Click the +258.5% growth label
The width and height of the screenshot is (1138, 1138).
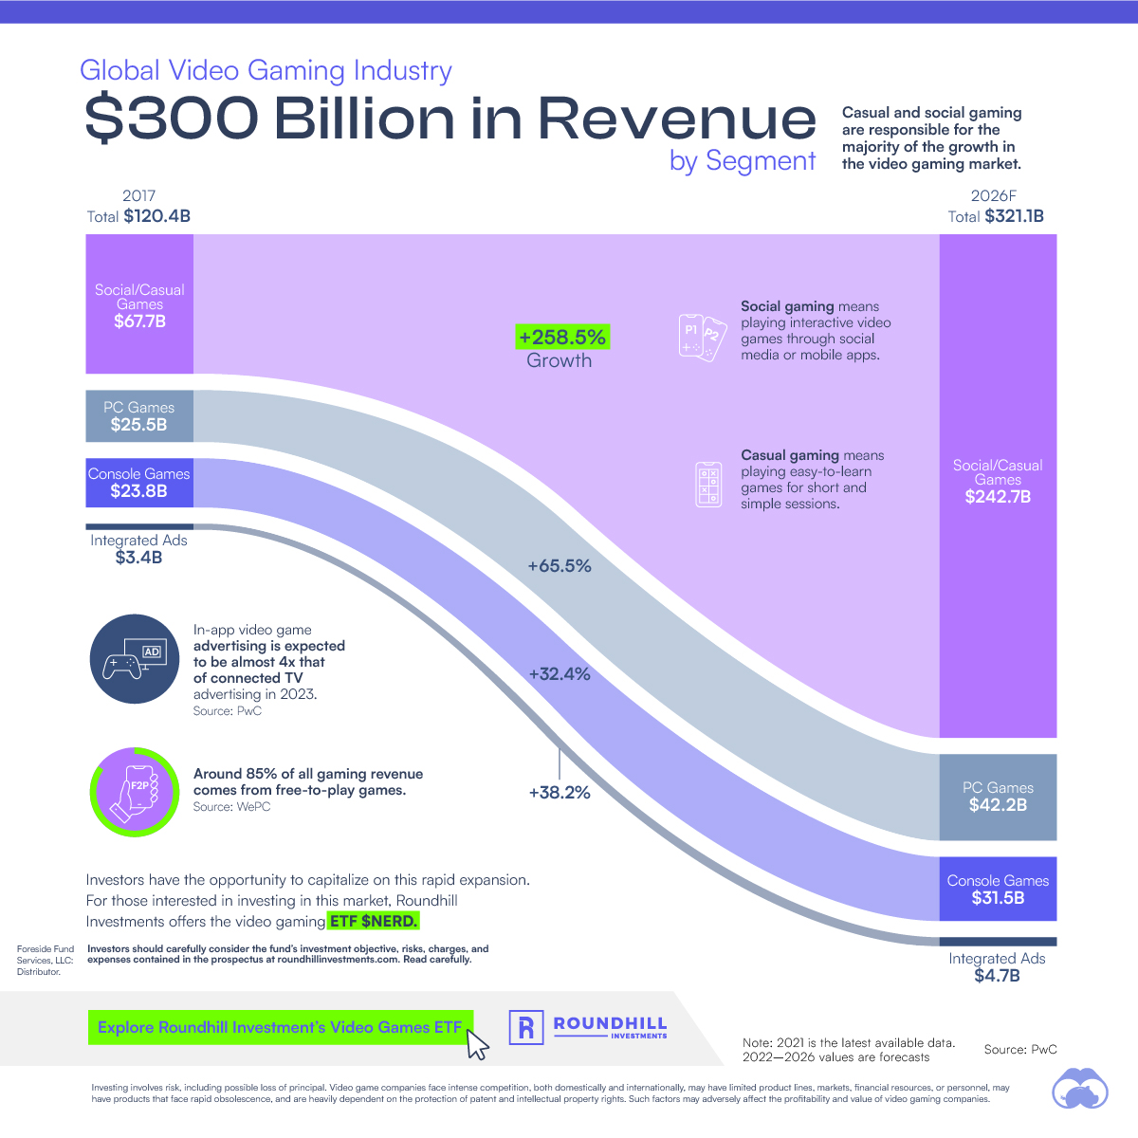pos(562,338)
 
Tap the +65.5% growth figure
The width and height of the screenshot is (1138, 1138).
pos(560,566)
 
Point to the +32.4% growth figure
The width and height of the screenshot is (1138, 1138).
pos(560,674)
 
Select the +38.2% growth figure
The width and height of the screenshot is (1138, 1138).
pos(560,792)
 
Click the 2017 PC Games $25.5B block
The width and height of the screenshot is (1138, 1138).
pos(139,416)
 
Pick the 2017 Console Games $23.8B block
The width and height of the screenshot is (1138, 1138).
pos(139,483)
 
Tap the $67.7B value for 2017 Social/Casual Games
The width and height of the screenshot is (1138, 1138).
pos(139,321)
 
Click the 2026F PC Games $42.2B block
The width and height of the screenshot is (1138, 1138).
pos(998,797)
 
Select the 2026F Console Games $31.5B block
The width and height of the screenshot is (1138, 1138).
pos(998,889)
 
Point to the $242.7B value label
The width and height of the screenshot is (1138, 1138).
pos(998,497)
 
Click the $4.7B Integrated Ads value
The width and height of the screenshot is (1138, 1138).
pos(998,976)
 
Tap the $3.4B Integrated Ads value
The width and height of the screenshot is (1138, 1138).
pos(139,558)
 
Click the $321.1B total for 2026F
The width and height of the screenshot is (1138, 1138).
pos(1014,216)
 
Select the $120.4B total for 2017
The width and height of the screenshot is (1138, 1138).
pos(156,216)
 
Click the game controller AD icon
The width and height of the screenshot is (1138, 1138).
pos(135,659)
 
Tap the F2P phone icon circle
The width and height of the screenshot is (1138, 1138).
pos(135,791)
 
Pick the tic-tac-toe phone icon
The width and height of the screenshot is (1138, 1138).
pos(708,484)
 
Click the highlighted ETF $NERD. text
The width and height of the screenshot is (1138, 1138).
pos(374,921)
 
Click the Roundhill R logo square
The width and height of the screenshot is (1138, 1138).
pos(526,1027)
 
